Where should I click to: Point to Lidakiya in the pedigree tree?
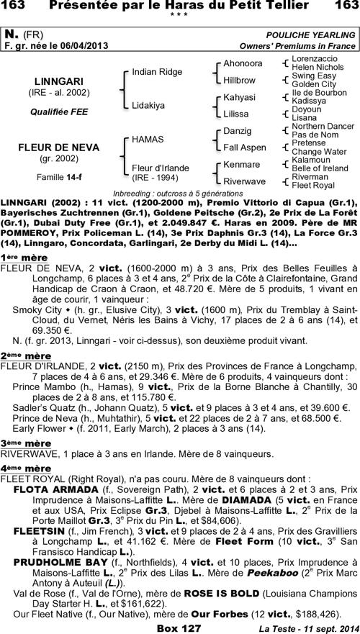click(x=148, y=105)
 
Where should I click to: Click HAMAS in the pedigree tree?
click(x=148, y=138)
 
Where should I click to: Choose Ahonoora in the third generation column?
click(x=243, y=63)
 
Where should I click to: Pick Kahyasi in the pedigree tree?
click(x=239, y=96)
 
